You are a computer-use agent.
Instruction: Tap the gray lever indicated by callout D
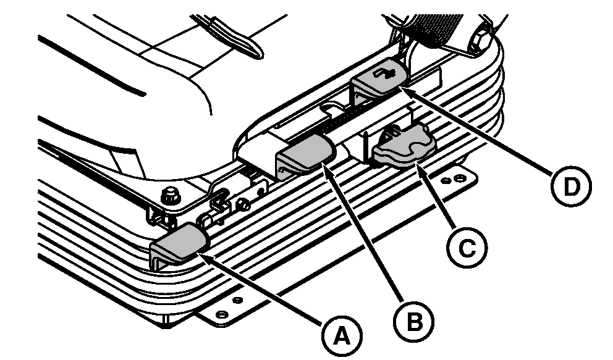click(x=378, y=77)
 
